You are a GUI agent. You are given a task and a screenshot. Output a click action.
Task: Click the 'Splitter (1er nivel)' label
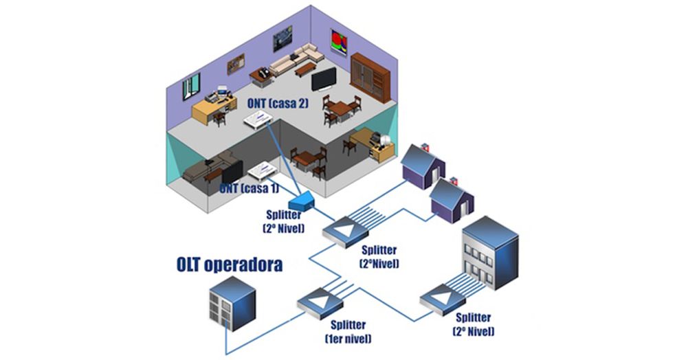pyautogui.click(x=347, y=331)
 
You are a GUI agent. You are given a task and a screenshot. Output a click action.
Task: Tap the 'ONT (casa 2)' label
pyautogui.click(x=278, y=104)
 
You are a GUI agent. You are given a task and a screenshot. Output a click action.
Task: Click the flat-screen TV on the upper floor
pyautogui.click(x=323, y=79)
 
